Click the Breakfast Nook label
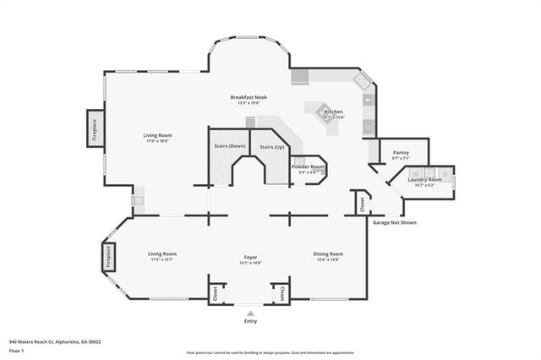click(249, 98)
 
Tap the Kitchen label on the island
click(334, 112)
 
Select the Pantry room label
click(400, 152)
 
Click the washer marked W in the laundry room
click(416, 174)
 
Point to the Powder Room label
click(308, 166)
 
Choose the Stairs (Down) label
click(230, 146)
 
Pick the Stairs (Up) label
click(272, 146)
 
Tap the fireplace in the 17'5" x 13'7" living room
click(108, 257)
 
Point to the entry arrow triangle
click(249, 311)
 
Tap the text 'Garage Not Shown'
click(394, 223)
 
